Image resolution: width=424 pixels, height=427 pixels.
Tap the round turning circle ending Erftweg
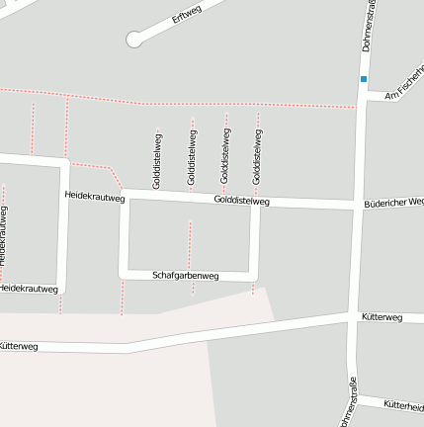click(x=134, y=39)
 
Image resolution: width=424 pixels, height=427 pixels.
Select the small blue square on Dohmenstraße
click(x=364, y=79)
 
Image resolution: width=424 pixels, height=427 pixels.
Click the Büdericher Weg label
click(x=393, y=202)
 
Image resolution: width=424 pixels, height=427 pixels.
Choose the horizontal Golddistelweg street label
click(x=241, y=201)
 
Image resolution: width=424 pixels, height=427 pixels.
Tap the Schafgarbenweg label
click(x=185, y=276)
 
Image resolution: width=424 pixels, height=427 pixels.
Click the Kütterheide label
click(x=403, y=405)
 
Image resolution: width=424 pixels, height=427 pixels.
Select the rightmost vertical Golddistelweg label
click(x=257, y=155)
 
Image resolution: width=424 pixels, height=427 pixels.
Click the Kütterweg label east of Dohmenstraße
click(x=382, y=317)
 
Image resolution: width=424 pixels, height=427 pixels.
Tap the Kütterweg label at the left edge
click(x=18, y=347)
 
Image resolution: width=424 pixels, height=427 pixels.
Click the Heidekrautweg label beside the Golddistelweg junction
click(x=95, y=198)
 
